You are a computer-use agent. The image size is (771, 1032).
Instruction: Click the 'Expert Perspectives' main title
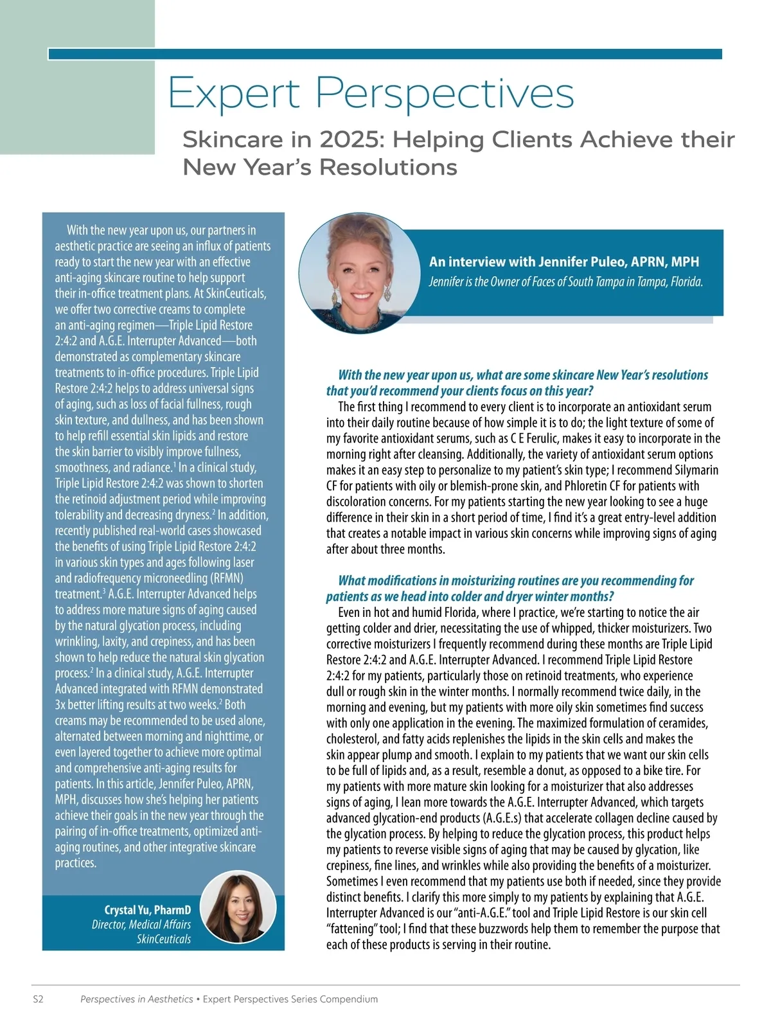click(x=371, y=93)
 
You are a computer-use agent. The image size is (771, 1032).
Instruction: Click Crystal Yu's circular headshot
click(x=238, y=909)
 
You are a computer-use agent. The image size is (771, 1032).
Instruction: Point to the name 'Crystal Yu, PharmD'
click(x=147, y=910)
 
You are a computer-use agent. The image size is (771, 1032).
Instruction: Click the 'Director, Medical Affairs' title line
click(x=141, y=925)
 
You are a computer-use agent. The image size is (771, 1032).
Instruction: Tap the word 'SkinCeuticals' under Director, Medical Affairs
click(x=163, y=939)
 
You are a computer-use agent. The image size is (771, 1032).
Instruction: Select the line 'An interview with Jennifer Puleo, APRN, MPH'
click(x=563, y=262)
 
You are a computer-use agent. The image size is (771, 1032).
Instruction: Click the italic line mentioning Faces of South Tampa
click(x=565, y=282)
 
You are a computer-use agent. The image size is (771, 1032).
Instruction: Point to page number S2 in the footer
click(x=38, y=999)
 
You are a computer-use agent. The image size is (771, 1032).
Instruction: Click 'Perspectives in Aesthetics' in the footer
click(x=136, y=999)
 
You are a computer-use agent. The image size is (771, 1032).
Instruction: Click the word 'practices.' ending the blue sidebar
click(x=75, y=863)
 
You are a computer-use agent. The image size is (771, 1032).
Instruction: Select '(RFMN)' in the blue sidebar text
click(x=222, y=578)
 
